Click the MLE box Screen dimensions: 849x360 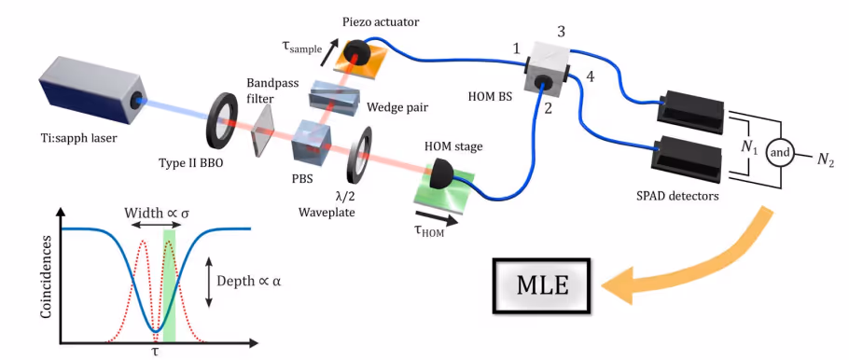coord(543,284)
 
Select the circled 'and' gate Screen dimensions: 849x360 coord(779,153)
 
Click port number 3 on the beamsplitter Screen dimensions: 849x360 coord(562,32)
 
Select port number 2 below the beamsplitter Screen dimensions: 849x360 coord(548,108)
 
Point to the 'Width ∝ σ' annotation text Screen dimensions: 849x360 coord(157,213)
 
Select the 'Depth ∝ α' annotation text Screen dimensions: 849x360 coord(249,282)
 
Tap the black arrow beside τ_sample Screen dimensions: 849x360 coord(328,52)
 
